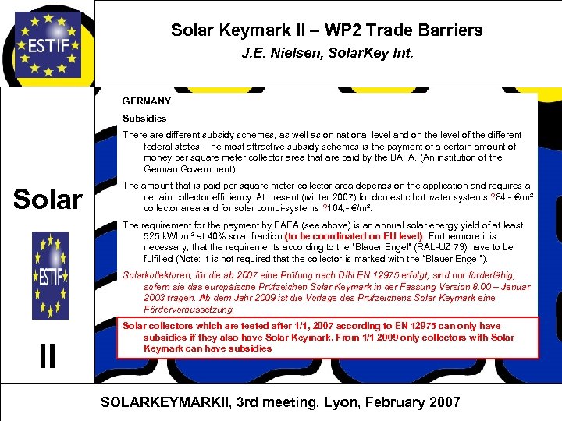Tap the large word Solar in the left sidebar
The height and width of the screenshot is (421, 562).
pos(48,200)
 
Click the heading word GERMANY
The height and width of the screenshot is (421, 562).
pos(146,101)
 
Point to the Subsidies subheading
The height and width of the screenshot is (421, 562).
pos(144,119)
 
